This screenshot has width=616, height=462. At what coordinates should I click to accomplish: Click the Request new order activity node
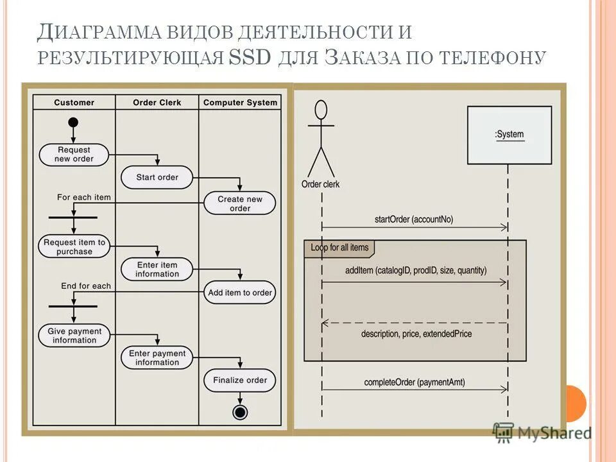click(x=74, y=154)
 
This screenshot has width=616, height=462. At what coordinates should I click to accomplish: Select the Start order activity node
click(x=157, y=177)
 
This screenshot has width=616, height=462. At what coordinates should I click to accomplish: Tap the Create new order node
click(x=240, y=203)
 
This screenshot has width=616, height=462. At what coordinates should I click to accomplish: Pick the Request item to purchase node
click(x=74, y=247)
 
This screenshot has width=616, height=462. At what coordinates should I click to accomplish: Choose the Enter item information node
click(x=157, y=269)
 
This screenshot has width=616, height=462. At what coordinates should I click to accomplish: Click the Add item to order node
click(x=240, y=293)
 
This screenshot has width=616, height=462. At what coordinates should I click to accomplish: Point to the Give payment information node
click(x=74, y=336)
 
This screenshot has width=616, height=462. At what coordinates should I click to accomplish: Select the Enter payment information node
click(x=157, y=358)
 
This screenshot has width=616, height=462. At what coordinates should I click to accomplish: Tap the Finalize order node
click(x=240, y=380)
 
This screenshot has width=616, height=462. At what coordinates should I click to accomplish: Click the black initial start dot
click(x=74, y=123)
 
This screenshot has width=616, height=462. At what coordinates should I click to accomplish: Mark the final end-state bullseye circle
click(x=240, y=411)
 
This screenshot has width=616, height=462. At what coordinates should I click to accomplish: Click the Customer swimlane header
click(x=74, y=103)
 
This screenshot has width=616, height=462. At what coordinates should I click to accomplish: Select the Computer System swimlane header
click(x=240, y=103)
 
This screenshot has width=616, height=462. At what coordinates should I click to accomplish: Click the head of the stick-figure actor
click(x=321, y=110)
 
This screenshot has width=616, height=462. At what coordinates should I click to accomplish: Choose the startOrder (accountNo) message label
click(x=413, y=219)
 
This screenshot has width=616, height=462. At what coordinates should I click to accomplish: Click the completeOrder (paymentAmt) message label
click(x=415, y=382)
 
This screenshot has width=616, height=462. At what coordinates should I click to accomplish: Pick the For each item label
click(x=83, y=197)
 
